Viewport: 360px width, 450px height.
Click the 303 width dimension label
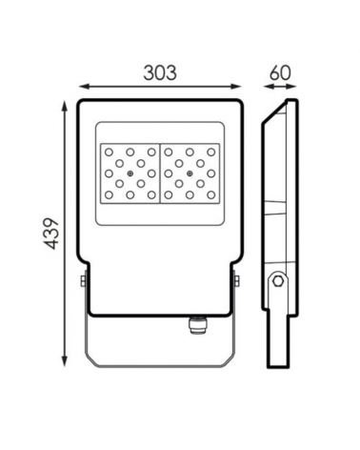(160, 72)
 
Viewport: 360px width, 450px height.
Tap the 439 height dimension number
(51, 234)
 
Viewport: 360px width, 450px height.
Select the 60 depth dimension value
(280, 72)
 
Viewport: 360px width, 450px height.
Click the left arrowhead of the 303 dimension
(84, 86)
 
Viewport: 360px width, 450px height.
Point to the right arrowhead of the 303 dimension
(236, 86)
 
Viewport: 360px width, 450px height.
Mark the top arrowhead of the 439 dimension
(65, 106)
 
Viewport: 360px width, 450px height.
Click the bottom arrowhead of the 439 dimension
(65, 361)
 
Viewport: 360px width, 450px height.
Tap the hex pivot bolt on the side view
(278, 280)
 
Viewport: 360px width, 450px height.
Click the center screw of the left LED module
(130, 174)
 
